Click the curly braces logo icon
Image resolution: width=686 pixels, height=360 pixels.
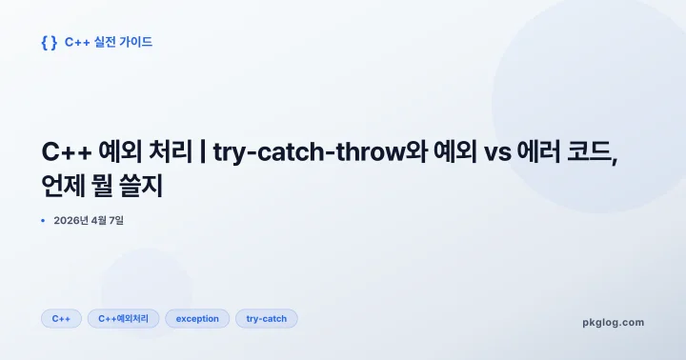49,42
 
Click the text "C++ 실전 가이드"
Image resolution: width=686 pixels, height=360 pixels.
109,42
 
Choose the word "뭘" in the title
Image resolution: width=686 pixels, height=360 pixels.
110,186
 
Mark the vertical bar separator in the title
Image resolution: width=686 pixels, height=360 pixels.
203,152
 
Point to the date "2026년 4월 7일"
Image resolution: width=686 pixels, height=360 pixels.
89,221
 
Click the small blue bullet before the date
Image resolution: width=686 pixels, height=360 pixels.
43,221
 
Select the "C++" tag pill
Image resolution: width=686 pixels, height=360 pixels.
61,319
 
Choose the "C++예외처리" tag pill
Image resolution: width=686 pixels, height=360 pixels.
123,319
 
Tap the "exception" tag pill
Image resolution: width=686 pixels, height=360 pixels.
197,319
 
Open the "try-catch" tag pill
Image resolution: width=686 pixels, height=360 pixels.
267,319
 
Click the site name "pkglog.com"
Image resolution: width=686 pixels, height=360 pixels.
613,322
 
